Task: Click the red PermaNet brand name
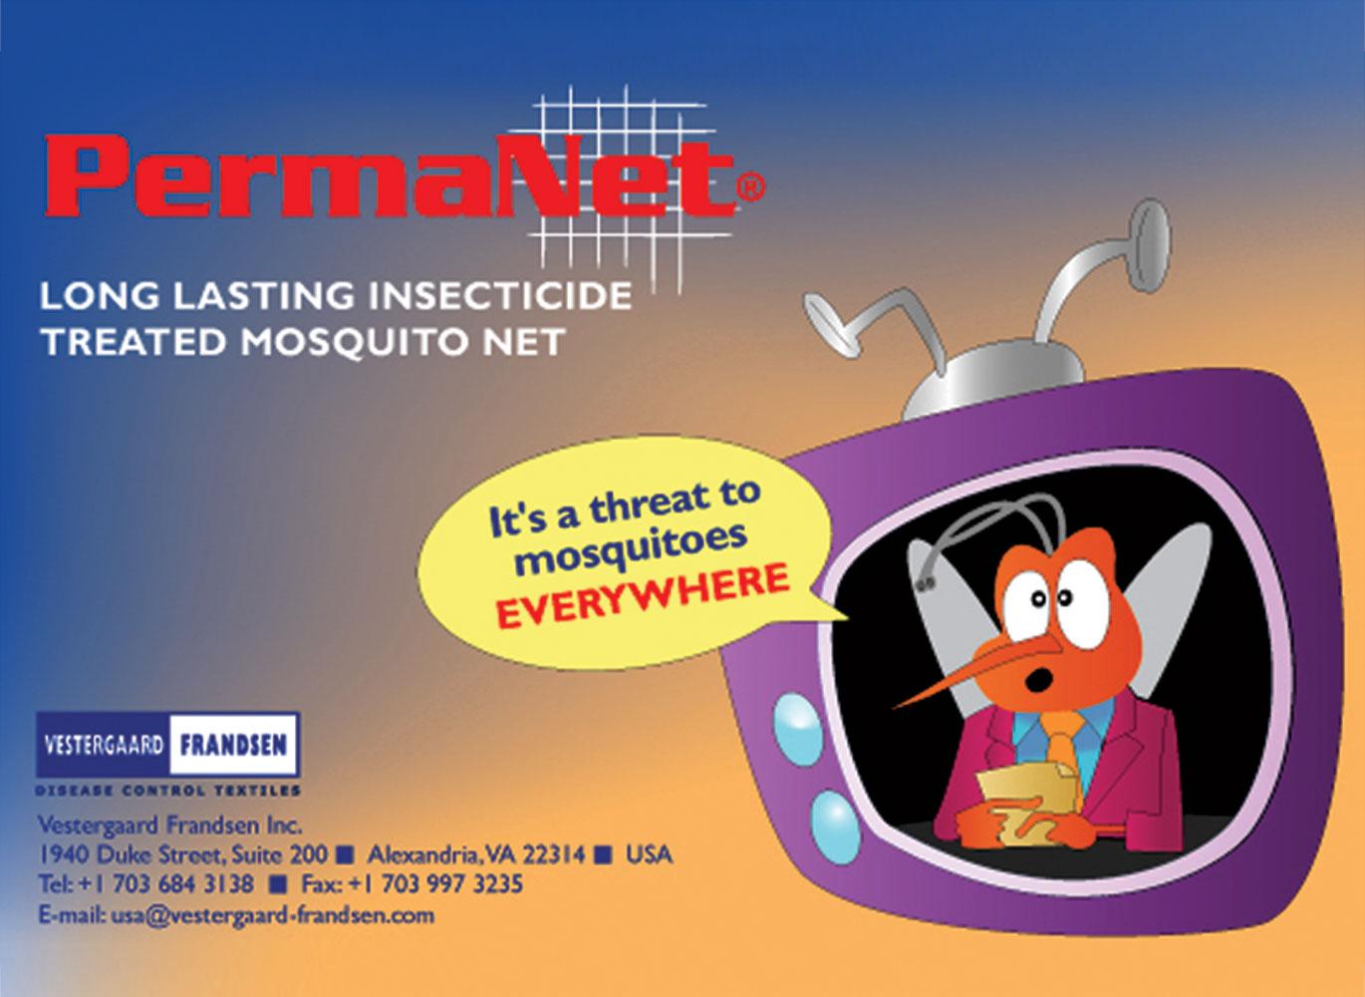coord(389,181)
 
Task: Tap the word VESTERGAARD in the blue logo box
coord(103,745)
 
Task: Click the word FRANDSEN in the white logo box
coord(233,745)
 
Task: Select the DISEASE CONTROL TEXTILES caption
coord(168,791)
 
